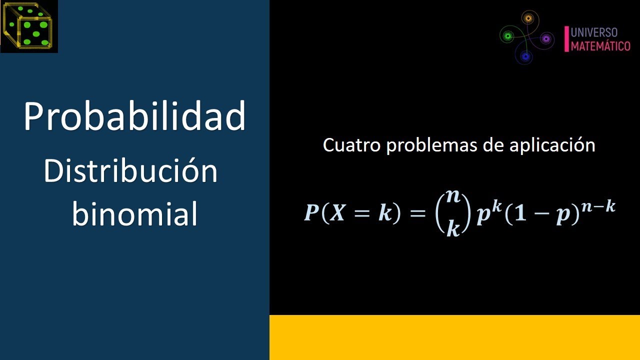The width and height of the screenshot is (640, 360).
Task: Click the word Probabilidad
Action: [134, 116]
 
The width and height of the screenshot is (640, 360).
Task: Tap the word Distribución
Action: [130, 172]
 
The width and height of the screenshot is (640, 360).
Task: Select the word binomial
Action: [134, 214]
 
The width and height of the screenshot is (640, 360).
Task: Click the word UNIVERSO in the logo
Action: [594, 33]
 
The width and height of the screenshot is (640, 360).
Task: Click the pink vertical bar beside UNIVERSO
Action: [566, 39]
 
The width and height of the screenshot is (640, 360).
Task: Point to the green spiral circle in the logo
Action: [508, 35]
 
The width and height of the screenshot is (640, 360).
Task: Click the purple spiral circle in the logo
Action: [545, 38]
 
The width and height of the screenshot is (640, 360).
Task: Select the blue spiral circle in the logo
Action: [525, 56]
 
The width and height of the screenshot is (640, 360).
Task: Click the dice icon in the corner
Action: [29, 26]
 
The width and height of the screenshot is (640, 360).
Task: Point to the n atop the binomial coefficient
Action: [453, 196]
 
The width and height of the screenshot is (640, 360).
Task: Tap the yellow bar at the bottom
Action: [454, 337]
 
